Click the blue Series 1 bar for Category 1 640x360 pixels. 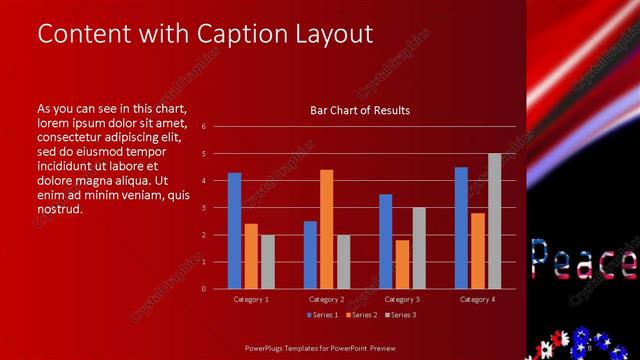click(234, 230)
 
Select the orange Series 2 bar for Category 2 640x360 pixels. click(326, 229)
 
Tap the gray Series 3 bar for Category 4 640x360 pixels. click(494, 221)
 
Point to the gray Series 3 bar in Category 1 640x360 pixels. click(268, 261)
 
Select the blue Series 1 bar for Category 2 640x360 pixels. click(310, 254)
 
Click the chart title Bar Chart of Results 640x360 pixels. click(360, 110)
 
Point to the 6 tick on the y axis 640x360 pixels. click(203, 127)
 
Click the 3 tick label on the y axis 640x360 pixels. click(203, 208)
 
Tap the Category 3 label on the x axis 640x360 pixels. click(402, 299)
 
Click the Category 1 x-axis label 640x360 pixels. click(251, 299)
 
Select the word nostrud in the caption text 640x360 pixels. click(58, 209)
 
